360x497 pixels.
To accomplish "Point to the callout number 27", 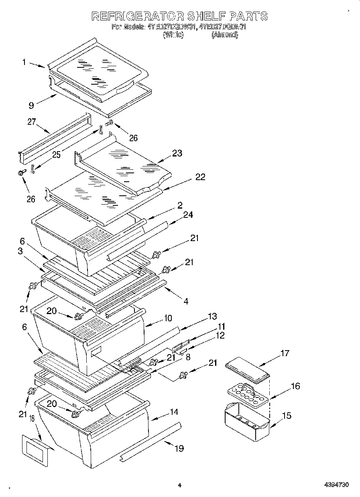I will pos(32,122).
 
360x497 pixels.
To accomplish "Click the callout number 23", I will pos(177,153).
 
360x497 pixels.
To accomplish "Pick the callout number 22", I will pos(200,177).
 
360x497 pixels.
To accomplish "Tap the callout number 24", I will pos(187,215).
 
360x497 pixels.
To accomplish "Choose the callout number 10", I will pos(167,318).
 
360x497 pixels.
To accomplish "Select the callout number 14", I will pos(174,412).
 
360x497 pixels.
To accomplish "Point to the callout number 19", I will pos(179,448).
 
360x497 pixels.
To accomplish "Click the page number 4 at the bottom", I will pos(180,485).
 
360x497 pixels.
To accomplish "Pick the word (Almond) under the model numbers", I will pos(225,35).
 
